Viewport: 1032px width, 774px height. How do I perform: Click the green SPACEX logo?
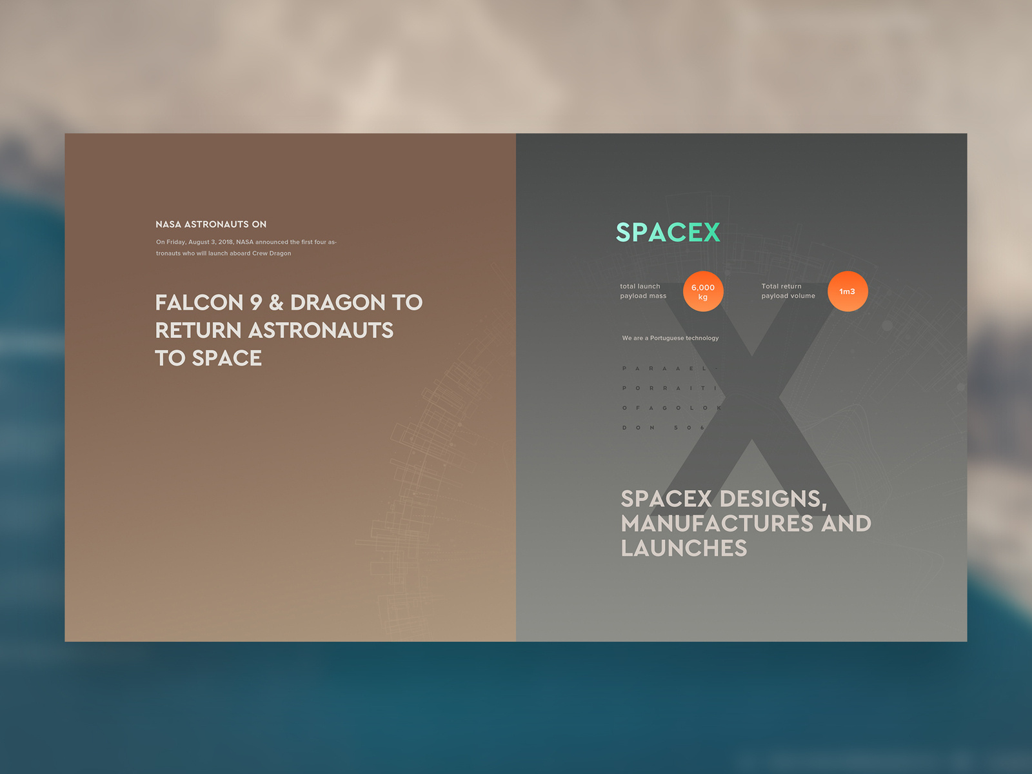pos(668,232)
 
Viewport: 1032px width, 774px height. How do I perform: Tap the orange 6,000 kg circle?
pos(703,292)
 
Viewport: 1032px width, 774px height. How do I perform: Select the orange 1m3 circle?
pos(848,292)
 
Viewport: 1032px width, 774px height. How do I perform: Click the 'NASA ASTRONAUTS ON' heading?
pos(211,224)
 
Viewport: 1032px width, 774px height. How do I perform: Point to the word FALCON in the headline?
pos(199,303)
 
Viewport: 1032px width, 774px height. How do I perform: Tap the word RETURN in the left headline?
pos(198,330)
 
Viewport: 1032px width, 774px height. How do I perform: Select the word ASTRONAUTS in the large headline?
pos(321,330)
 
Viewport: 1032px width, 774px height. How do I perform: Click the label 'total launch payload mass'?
pos(643,291)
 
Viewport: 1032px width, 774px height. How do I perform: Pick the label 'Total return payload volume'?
pos(788,291)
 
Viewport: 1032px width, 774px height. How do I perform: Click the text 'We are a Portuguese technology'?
pos(670,338)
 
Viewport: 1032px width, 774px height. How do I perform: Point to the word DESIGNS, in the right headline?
pos(773,499)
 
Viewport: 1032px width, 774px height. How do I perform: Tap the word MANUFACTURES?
pos(717,523)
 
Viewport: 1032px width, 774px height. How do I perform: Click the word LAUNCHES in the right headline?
pos(684,548)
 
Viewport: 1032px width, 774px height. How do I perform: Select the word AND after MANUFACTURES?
pos(846,523)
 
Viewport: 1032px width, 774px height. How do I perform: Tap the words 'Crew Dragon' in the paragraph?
pos(272,253)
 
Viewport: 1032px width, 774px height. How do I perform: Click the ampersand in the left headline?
pos(276,303)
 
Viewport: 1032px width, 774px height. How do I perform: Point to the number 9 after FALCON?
pos(256,303)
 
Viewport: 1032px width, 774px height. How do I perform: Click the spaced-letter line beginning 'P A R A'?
pos(670,368)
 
